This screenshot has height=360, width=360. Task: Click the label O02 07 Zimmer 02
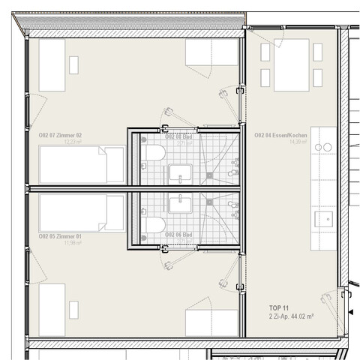tap(60, 135)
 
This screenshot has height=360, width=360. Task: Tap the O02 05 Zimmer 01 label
tap(60, 235)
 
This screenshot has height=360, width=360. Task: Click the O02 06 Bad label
tap(178, 235)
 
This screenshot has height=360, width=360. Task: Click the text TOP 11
tap(278, 308)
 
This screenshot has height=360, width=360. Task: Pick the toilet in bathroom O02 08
tap(153, 154)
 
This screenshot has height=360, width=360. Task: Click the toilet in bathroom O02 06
tap(153, 224)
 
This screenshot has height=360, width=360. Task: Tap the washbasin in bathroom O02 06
tap(179, 203)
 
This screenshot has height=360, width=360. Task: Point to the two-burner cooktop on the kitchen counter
tap(323, 148)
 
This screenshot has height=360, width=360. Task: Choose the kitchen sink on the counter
tap(324, 219)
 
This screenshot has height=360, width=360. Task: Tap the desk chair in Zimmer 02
tap(73, 64)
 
